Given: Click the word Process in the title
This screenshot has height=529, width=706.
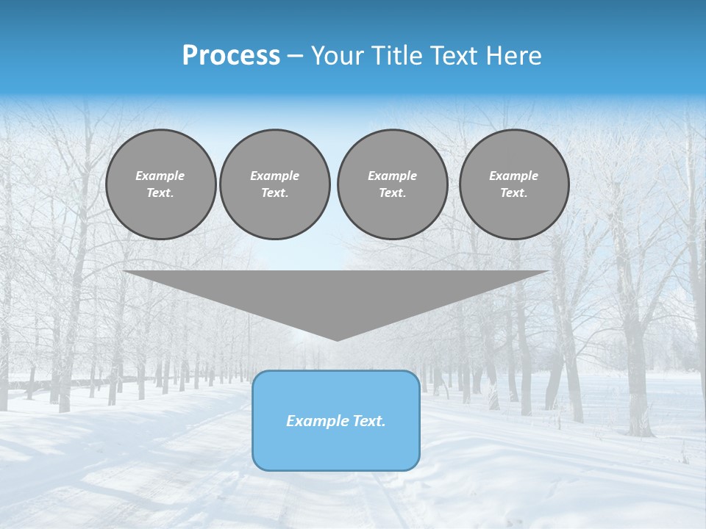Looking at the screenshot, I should [231, 56].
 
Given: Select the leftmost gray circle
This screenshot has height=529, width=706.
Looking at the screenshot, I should [160, 184].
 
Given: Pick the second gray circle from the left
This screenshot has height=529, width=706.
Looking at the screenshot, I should [274, 184].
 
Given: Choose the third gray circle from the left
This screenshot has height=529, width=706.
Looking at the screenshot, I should [392, 184].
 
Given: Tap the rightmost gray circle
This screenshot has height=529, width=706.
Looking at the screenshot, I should [513, 184].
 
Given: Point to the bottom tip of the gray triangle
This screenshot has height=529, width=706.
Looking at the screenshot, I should [337, 339].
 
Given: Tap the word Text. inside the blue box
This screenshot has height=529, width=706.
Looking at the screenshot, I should [368, 421].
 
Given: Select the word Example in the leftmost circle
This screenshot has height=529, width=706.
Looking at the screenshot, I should [160, 176].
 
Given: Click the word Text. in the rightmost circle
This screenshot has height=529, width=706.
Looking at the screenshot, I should [513, 193].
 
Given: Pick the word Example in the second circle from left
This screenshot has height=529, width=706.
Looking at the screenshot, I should [274, 176].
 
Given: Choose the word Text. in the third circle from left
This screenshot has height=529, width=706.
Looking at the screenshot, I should [392, 193].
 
